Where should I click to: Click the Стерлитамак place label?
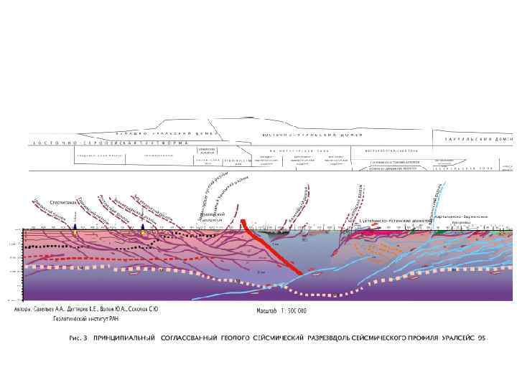(x=64, y=202)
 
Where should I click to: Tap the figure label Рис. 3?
(x=75, y=337)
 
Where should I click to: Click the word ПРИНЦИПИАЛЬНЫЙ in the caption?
(x=125, y=337)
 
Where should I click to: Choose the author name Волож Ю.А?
(x=115, y=310)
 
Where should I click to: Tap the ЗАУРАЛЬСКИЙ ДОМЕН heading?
(x=475, y=138)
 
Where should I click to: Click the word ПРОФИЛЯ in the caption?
(x=416, y=337)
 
